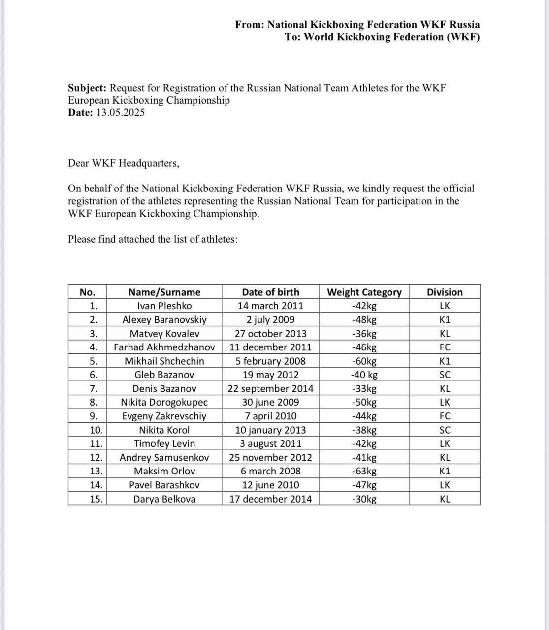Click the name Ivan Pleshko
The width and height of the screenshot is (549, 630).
[x=164, y=306]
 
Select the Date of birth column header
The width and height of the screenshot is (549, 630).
[x=270, y=292]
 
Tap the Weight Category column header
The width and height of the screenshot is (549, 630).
[x=364, y=292]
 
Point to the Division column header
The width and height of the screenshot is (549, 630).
[x=445, y=292]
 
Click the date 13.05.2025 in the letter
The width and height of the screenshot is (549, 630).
[x=120, y=113]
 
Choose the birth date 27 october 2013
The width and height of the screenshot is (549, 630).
[x=270, y=333]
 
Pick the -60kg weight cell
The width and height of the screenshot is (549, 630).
[x=364, y=361]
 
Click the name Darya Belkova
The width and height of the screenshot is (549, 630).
[x=164, y=499]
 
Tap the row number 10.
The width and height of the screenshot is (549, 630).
[x=96, y=430]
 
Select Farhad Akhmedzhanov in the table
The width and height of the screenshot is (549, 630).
[x=164, y=347]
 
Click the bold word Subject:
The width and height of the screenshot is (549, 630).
[x=87, y=88]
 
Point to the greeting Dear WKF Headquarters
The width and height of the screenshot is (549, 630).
[x=124, y=163]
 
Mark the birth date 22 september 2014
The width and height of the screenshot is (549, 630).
[x=270, y=388]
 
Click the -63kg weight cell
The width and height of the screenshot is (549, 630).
[x=364, y=471]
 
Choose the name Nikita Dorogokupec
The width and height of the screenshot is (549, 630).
[x=164, y=402]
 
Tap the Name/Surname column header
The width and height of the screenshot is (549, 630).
[x=164, y=292]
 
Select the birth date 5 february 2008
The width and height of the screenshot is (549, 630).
[x=270, y=361]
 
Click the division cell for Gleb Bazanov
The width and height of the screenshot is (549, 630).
[x=445, y=375]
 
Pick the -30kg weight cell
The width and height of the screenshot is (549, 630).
[x=364, y=499]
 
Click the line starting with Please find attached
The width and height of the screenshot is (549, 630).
[x=153, y=239]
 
